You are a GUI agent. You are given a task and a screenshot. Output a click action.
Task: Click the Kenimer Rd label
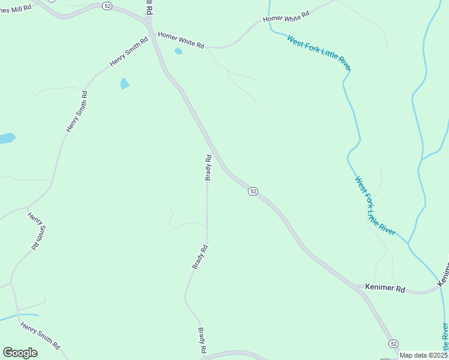(x=385, y=289)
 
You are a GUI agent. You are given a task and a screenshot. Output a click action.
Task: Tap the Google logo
(x=20, y=353)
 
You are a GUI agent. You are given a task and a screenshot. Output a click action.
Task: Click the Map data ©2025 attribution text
(x=423, y=355)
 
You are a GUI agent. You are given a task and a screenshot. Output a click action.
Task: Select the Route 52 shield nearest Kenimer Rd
(x=393, y=343)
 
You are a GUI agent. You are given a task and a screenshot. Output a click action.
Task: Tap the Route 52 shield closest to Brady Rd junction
(x=253, y=191)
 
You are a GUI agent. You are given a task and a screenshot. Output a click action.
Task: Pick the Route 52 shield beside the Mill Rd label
(x=107, y=5)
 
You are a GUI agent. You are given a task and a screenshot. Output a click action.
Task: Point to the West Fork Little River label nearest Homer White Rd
(x=318, y=53)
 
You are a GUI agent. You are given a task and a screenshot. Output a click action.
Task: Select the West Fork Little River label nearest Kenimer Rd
(x=375, y=206)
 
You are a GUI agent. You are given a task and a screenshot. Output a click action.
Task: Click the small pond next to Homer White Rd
(x=178, y=52)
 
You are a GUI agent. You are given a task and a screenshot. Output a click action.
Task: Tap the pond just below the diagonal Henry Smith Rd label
(x=125, y=83)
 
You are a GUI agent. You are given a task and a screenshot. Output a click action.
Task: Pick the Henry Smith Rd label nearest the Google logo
(x=41, y=336)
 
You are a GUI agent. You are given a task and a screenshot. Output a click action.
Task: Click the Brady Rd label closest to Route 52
(x=208, y=167)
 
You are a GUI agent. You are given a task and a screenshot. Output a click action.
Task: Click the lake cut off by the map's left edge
(x=6, y=139)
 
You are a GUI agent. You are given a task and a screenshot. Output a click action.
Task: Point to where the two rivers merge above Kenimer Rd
(x=409, y=243)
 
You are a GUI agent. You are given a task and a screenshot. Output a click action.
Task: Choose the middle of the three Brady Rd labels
(x=200, y=256)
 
